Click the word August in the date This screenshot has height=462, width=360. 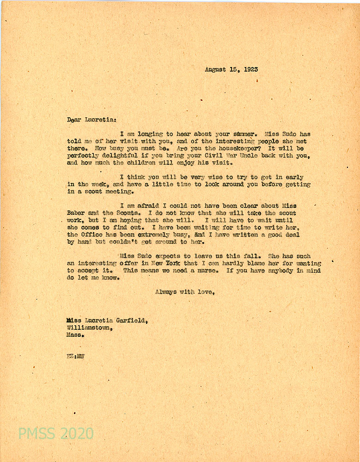pyautogui.click(x=216, y=70)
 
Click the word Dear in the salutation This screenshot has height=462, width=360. pyautogui.click(x=74, y=119)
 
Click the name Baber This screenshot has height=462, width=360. pyautogui.click(x=76, y=213)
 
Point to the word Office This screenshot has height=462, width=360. pyautogui.click(x=92, y=235)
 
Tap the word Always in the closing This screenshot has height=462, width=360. pyautogui.click(x=165, y=292)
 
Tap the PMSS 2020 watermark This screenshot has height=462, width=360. pyautogui.click(x=56, y=433)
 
